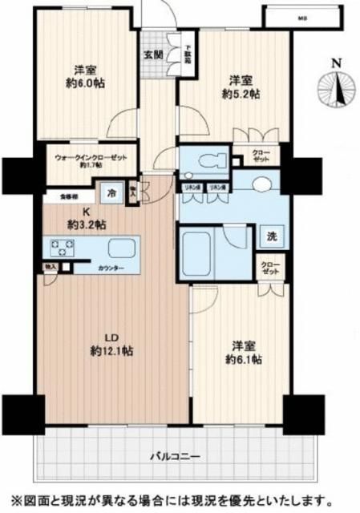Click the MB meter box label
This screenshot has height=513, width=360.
coord(302,17)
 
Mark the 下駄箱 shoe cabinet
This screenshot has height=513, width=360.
coord(187,54)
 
